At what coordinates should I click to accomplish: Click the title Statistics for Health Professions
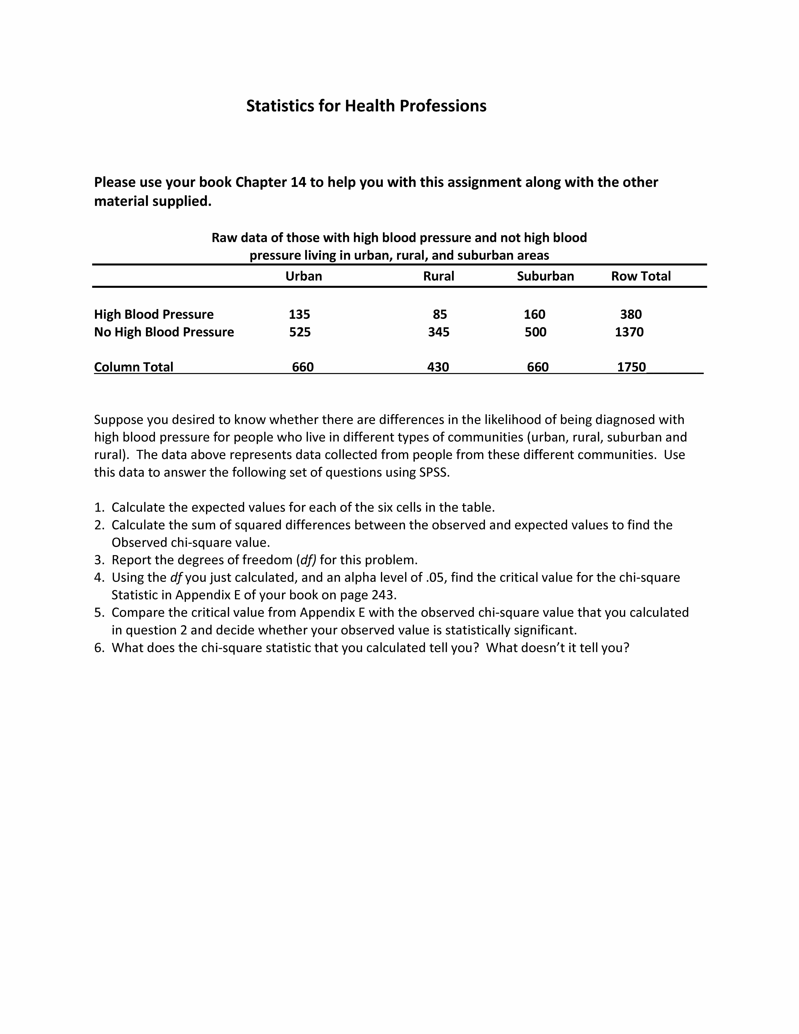(x=366, y=106)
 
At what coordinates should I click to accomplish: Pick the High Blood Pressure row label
(x=154, y=314)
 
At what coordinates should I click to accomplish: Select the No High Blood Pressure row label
(x=164, y=332)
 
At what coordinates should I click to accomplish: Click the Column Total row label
(x=133, y=367)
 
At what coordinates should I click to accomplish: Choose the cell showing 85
(x=440, y=314)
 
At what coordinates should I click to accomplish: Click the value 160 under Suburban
(x=534, y=314)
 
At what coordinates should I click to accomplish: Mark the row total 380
(x=631, y=314)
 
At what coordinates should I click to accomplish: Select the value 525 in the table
(x=300, y=332)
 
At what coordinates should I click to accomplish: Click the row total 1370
(x=629, y=332)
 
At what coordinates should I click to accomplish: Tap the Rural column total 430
(x=438, y=367)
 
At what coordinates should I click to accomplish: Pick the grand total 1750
(x=631, y=367)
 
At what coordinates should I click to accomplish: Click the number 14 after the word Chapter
(x=298, y=182)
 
